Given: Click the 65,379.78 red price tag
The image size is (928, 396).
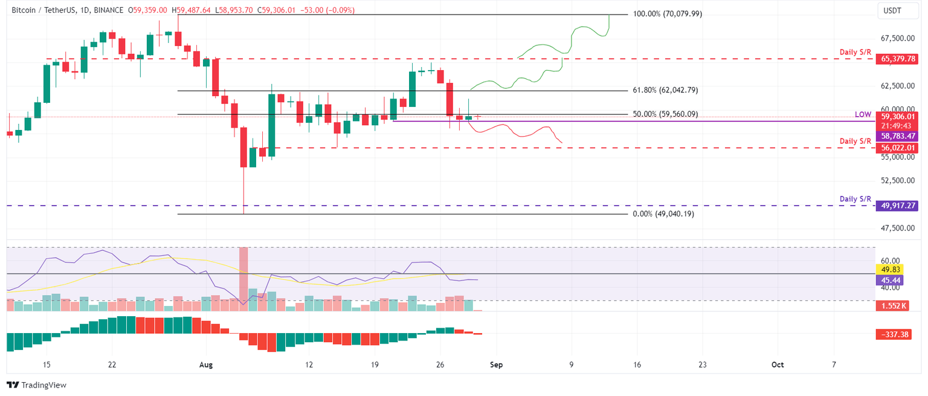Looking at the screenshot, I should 898,59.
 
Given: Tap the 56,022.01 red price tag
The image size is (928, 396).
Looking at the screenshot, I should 898,148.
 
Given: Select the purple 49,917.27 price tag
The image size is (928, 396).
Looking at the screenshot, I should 898,206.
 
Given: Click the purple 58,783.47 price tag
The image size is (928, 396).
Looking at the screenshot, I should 898,137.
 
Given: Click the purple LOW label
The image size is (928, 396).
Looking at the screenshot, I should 863,114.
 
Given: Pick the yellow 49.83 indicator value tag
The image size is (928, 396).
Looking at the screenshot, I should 888,269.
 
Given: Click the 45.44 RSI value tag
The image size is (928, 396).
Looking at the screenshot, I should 888,280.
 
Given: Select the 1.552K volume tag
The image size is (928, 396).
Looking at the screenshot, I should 892,306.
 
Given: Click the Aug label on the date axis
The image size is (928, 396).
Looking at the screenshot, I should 206,365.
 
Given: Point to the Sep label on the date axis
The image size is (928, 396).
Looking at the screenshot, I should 496,365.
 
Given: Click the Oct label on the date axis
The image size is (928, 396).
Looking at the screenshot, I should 778,365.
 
